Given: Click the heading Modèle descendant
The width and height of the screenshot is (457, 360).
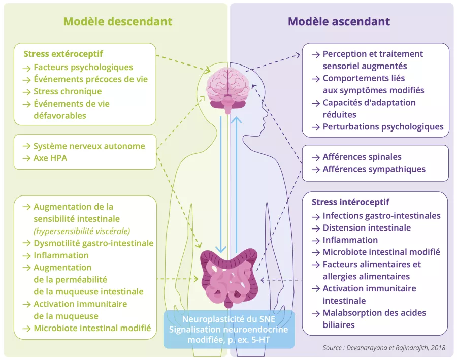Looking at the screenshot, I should pos(117,22).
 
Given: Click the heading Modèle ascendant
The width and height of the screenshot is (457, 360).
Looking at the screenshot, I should pos(339,22).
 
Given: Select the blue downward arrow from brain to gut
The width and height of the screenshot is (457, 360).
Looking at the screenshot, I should pos(221,183).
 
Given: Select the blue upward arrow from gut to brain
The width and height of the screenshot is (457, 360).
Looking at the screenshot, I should pos(236,183).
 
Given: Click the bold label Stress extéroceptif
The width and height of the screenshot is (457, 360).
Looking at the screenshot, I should pos(63,54).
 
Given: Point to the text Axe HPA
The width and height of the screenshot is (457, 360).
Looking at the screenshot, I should pos(50,158).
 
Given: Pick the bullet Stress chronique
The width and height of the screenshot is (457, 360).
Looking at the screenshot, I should pos(67,91).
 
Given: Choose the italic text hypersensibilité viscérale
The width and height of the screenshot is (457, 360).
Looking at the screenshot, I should pos(82,231).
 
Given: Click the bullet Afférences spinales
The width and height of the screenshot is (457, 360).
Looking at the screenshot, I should pos(362,157).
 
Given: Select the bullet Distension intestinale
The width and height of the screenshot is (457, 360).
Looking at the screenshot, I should pos(367,228).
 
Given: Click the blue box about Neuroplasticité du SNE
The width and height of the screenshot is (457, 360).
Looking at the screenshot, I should pos(229,330).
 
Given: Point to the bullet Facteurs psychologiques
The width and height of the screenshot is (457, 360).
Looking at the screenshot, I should pos(83,67).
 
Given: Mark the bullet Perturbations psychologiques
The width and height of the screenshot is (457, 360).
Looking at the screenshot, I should pos(383,126).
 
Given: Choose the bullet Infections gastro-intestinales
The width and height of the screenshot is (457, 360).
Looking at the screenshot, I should pos(381,216).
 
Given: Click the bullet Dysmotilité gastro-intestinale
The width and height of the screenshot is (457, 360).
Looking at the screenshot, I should pos(93,243).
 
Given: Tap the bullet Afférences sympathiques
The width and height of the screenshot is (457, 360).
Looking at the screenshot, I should pos(374,169).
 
